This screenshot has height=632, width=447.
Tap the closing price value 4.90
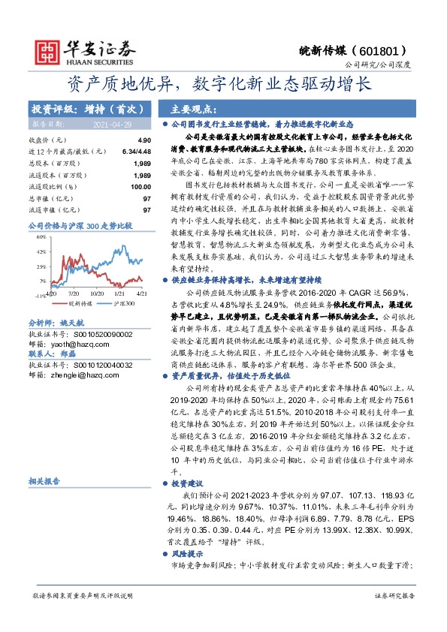[x=144, y=140]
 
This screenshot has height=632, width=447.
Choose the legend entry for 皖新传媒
[x=66, y=303]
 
